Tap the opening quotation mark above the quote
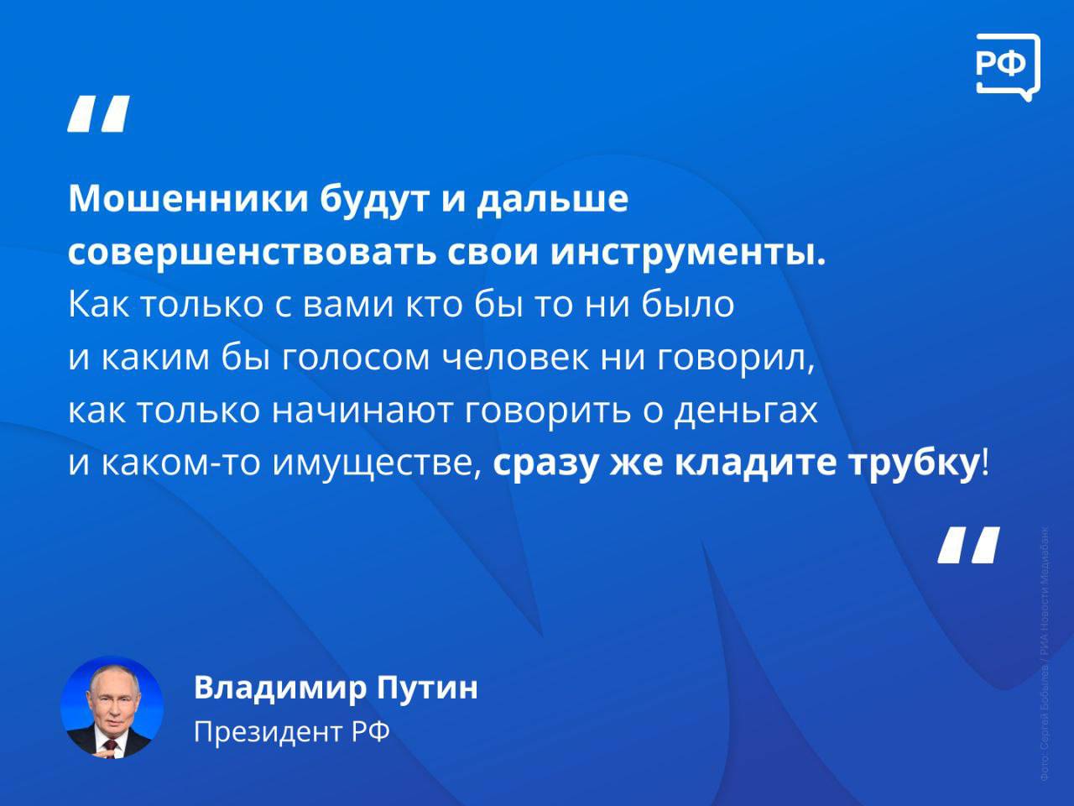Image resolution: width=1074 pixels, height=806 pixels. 98,114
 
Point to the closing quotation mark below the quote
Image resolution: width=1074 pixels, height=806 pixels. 969,545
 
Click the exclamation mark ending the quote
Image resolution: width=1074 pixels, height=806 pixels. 985,464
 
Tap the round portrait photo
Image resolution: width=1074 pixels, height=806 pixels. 112,707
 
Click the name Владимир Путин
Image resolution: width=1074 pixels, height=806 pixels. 336,688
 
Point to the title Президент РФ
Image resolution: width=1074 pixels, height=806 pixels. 292,732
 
